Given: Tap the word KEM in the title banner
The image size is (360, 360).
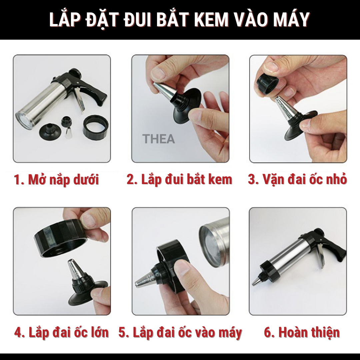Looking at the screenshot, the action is pos(213,20).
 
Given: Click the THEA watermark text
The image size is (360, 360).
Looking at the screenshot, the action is pos(159,139).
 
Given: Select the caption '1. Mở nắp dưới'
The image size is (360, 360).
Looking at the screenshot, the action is pos(56,180).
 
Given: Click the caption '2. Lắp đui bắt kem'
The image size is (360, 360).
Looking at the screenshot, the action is pos(179,179).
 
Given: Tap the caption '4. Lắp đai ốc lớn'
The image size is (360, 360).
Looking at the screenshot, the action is pos(61,332).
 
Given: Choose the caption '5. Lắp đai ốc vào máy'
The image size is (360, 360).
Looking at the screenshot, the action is pos(180,333).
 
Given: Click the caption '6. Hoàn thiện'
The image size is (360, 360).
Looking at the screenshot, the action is pos(302,332).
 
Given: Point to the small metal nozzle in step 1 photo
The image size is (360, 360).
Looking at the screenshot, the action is pos(68,133).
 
